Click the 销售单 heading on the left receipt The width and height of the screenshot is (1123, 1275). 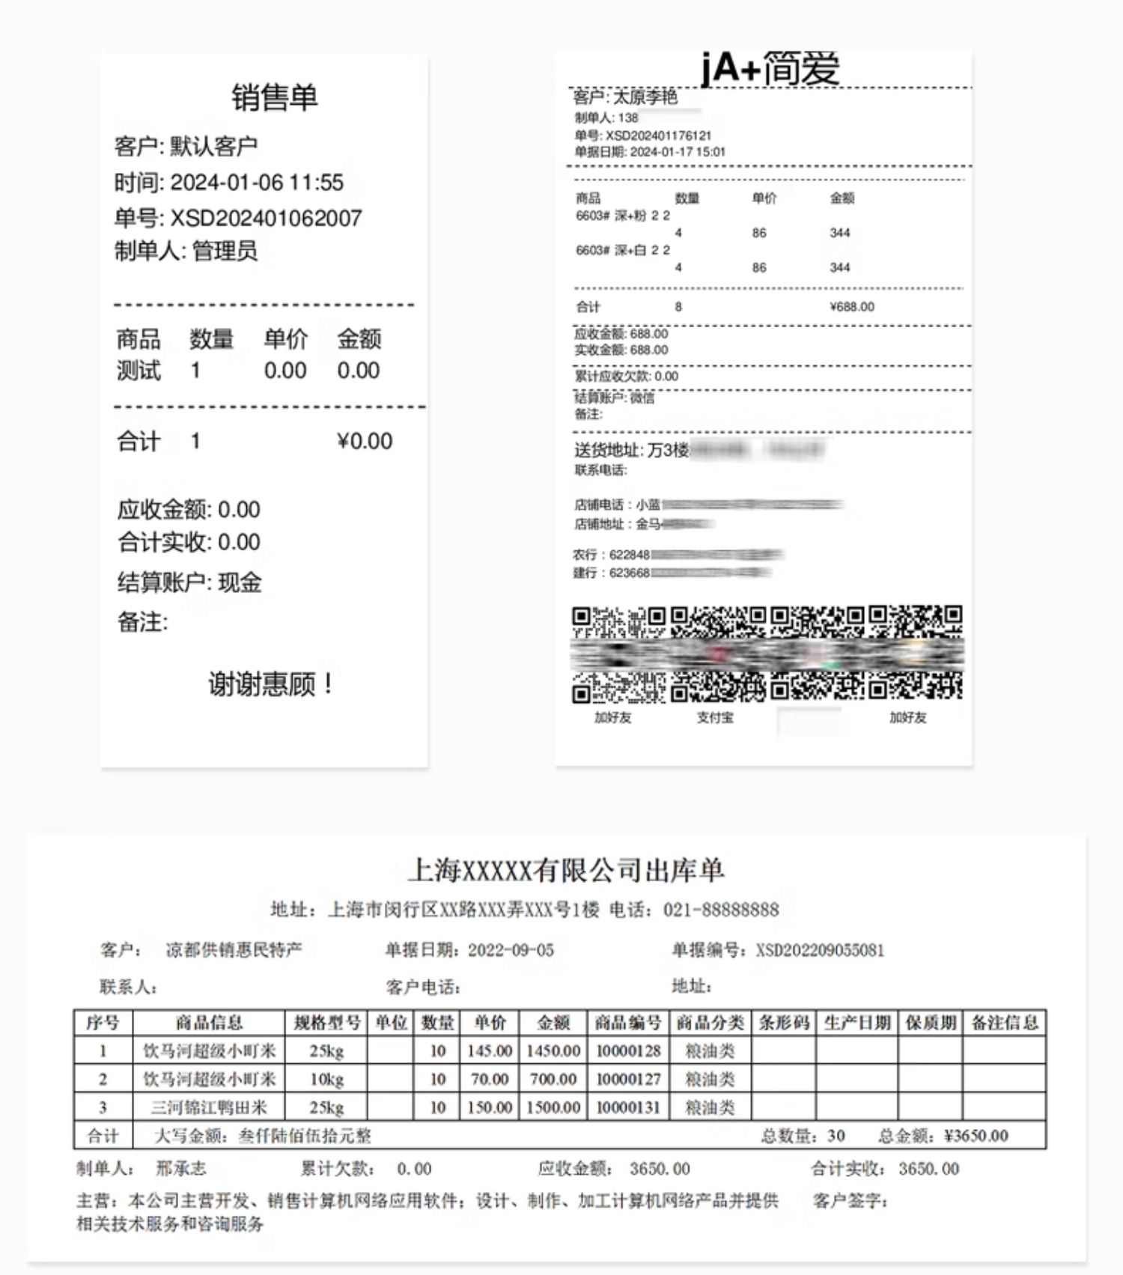[275, 97]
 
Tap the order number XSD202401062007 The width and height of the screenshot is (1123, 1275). [266, 218]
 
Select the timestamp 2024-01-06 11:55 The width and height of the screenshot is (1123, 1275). [257, 182]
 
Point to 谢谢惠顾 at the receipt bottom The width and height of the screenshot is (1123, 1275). [270, 684]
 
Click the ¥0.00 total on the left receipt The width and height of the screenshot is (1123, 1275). [365, 441]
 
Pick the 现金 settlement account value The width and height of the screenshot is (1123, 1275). [240, 582]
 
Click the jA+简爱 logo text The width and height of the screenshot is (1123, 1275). [770, 69]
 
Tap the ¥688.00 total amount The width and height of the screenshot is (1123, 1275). [852, 307]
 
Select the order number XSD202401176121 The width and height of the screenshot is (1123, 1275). [658, 136]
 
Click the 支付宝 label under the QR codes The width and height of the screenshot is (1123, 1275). [715, 717]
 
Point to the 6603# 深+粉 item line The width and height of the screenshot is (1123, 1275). [623, 216]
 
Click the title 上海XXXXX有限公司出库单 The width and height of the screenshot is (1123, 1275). [565, 870]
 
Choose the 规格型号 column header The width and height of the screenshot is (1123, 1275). [327, 1023]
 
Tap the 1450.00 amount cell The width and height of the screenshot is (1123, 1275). [553, 1051]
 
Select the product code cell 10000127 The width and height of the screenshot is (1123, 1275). [628, 1079]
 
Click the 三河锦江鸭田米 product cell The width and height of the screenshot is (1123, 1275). [209, 1107]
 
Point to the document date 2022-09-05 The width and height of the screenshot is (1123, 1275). [511, 950]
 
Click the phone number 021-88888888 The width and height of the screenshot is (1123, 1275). [721, 910]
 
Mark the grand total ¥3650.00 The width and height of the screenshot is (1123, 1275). [976, 1136]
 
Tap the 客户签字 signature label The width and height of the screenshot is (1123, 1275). [850, 1201]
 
